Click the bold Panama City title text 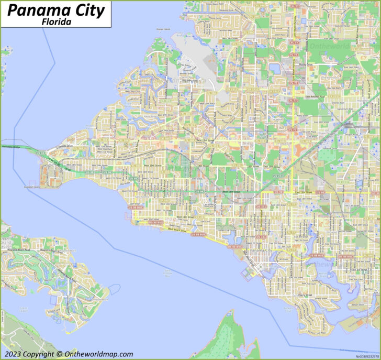click(57, 10)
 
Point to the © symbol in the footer click(59, 354)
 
